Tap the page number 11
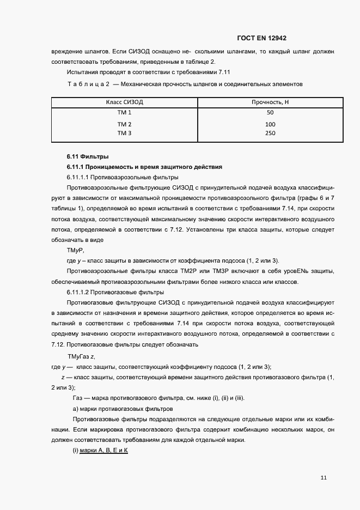pos(324,478)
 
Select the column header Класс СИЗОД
pos(125,102)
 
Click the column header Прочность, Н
pos(270,102)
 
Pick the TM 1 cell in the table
pos(125,113)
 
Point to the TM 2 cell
pos(125,124)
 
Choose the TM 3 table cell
pos(125,133)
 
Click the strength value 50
pos(270,113)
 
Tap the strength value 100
pos(270,124)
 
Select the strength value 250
pos(270,133)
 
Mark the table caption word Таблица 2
pos(89,84)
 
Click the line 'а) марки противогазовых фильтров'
pos(123,409)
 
